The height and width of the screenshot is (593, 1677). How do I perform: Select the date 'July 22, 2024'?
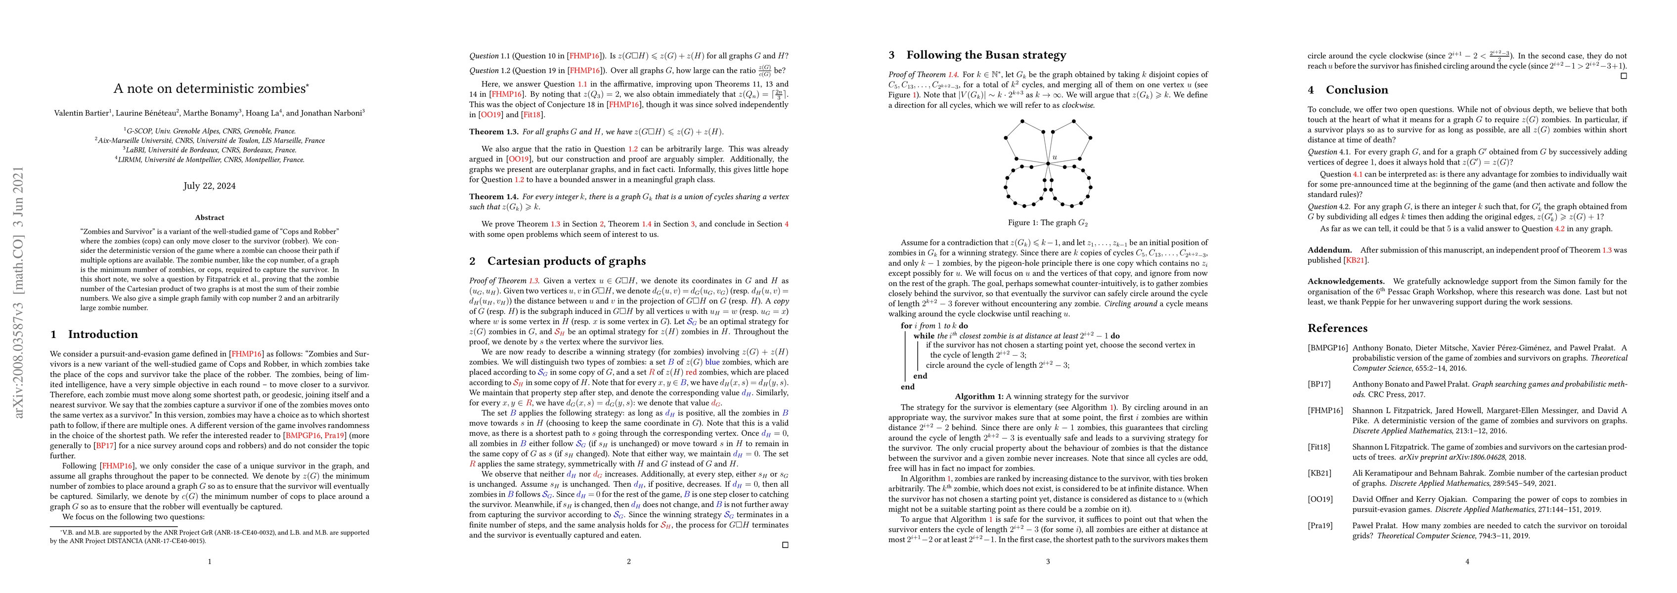point(209,185)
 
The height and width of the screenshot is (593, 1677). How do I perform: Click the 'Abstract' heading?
point(209,217)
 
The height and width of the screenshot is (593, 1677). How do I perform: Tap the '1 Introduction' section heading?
point(94,334)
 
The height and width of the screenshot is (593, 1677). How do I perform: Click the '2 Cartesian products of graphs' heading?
point(557,261)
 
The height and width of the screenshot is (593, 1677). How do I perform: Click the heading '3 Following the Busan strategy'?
point(977,55)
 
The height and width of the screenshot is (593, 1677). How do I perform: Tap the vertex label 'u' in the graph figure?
point(1055,157)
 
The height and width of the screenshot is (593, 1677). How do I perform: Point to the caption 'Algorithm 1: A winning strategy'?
point(1042,396)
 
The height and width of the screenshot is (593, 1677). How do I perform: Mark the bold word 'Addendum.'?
point(1329,250)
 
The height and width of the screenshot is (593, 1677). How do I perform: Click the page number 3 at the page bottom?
point(1048,561)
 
